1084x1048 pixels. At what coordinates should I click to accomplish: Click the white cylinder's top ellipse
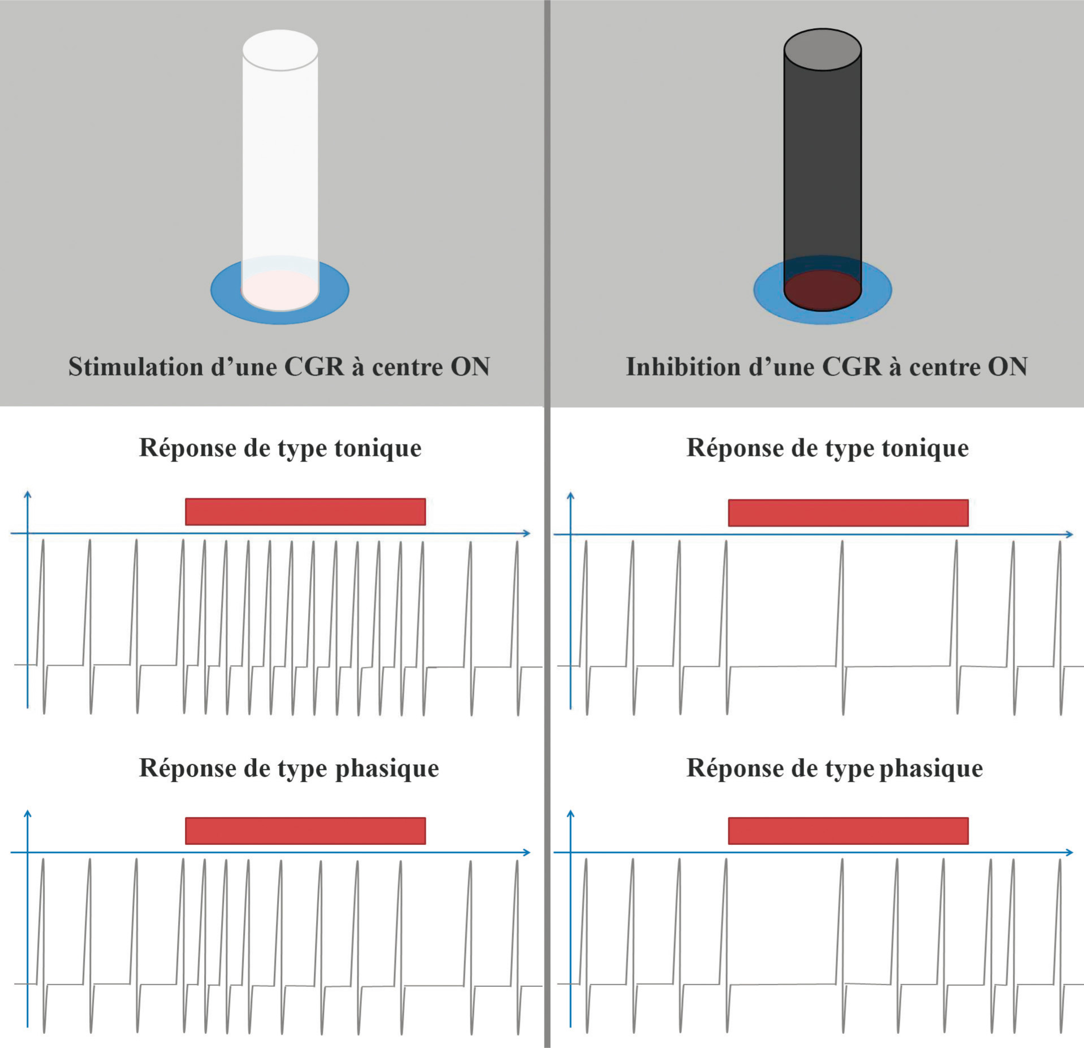click(x=280, y=50)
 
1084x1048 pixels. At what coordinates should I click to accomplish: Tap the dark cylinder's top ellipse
click(x=822, y=50)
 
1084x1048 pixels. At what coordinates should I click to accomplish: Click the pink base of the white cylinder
click(x=280, y=290)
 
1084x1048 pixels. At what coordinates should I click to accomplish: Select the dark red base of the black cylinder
click(x=822, y=290)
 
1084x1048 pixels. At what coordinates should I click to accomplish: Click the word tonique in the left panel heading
click(x=378, y=448)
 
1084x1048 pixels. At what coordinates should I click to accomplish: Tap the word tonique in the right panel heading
click(x=925, y=448)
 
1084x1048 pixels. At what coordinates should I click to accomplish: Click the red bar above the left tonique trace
click(x=305, y=512)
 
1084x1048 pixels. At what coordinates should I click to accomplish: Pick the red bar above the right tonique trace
click(x=848, y=513)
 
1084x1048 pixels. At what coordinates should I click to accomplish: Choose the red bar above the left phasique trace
click(x=305, y=831)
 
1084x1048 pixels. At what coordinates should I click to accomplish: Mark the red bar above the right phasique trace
click(x=848, y=831)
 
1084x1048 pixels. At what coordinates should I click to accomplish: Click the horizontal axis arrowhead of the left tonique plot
click(x=526, y=533)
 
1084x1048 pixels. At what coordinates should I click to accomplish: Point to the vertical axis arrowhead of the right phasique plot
click(x=571, y=814)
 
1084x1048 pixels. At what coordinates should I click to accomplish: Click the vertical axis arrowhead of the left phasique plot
click(x=28, y=814)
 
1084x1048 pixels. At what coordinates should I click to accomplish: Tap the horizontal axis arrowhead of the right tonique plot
click(x=1069, y=534)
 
